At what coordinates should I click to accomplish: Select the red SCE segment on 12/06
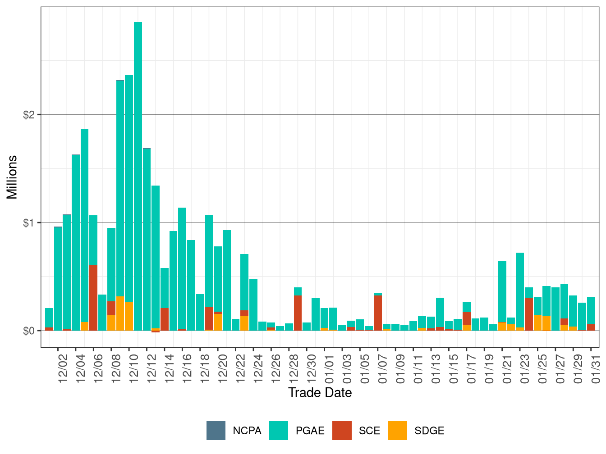tap(93, 297)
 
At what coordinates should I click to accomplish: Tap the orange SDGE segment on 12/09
tap(120, 313)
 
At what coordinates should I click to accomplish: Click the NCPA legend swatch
tap(216, 431)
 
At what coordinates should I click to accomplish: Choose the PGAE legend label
tap(310, 431)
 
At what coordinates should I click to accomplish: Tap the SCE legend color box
tap(342, 431)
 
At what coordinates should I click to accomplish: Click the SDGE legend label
tap(429, 431)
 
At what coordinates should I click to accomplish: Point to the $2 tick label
tap(29, 115)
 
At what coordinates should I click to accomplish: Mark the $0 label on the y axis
tap(29, 331)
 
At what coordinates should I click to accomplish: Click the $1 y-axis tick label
tap(29, 223)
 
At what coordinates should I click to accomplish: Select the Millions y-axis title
tap(12, 177)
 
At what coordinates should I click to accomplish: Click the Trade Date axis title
tap(320, 393)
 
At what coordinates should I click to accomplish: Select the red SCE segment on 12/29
tap(298, 313)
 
